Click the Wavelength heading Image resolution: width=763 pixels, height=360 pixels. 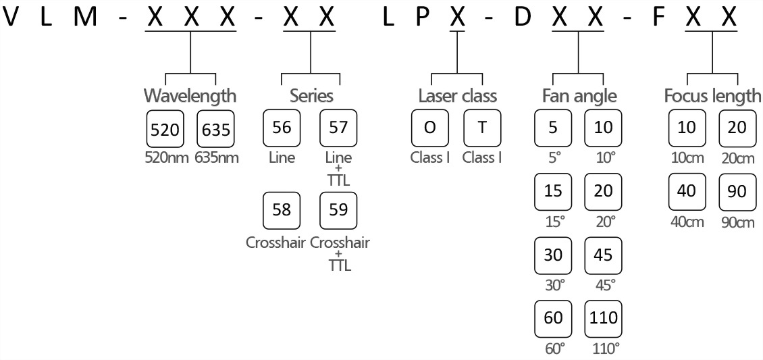tap(190, 95)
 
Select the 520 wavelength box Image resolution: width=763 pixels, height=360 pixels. tap(165, 128)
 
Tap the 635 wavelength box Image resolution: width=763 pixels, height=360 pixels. tap(215, 128)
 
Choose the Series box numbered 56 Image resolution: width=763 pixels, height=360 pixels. tap(281, 127)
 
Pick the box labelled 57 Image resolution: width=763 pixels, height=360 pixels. tap(338, 127)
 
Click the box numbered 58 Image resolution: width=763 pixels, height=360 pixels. tap(281, 209)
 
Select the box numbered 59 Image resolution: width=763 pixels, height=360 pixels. tap(338, 209)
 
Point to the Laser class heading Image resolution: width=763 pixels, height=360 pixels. tap(457, 95)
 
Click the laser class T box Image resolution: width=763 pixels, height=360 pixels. tap(481, 127)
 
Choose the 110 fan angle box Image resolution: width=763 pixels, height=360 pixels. tap(603, 317)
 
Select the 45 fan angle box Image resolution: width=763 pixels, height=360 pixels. tap(603, 254)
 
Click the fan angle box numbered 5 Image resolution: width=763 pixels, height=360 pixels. tap(553, 127)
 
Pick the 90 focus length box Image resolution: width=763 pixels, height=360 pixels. tap(737, 191)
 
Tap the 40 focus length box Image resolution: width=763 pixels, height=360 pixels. tap(686, 191)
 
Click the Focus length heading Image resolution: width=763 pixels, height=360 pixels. tap(712, 95)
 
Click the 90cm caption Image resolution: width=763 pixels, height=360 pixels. tap(737, 222)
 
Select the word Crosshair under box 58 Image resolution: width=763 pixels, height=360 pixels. tap(275, 242)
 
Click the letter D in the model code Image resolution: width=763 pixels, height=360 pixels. tap(522, 18)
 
